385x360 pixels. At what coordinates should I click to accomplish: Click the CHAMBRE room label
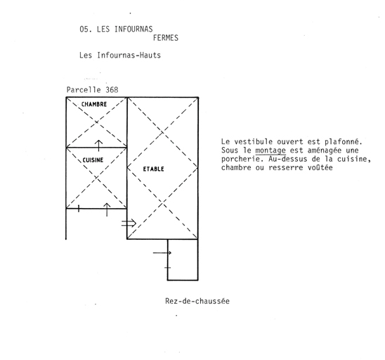[94, 104]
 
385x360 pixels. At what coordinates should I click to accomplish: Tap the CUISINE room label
[93, 160]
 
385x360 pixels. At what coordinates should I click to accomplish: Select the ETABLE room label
[153, 169]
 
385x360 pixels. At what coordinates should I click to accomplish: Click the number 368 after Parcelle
[112, 90]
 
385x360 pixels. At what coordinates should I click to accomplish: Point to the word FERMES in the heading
[166, 38]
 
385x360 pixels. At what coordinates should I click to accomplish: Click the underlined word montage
[270, 151]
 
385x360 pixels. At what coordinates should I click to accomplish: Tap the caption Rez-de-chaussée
[197, 301]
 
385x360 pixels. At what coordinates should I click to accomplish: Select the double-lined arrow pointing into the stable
[129, 223]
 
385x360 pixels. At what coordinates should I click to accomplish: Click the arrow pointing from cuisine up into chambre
[98, 146]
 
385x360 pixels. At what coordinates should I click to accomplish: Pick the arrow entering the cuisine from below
[107, 210]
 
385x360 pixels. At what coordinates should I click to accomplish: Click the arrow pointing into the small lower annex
[162, 252]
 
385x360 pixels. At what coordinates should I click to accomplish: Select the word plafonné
[344, 142]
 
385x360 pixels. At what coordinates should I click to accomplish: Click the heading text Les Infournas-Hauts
[120, 55]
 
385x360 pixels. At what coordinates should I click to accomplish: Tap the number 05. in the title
[86, 30]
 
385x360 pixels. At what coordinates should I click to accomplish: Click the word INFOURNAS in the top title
[133, 30]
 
